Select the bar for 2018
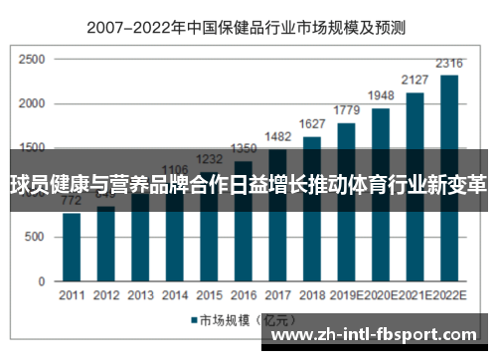[x=311, y=229]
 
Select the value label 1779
[x=346, y=111]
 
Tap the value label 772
[x=72, y=200]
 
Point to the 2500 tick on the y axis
[x=32, y=61]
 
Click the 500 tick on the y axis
[x=35, y=236]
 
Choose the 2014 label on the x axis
[x=174, y=296]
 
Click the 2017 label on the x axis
[x=277, y=296]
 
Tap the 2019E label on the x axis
[x=348, y=296]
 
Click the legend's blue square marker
[x=194, y=320]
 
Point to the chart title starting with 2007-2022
[x=248, y=29]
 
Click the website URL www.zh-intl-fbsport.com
[x=374, y=335]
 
